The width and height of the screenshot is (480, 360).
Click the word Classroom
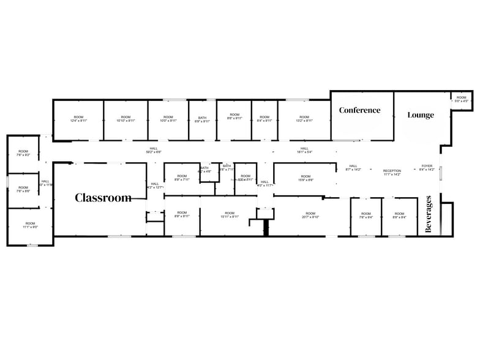click(x=103, y=198)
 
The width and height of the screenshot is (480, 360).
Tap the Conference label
click(x=359, y=110)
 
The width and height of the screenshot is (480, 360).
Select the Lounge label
click(x=421, y=115)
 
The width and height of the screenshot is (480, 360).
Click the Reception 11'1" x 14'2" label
click(x=392, y=173)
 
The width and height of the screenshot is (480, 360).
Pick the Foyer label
click(x=427, y=168)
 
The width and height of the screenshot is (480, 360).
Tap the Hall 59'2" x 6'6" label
click(x=154, y=149)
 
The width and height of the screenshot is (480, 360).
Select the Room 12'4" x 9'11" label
click(x=78, y=119)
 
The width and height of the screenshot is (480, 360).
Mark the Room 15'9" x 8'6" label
click(x=306, y=178)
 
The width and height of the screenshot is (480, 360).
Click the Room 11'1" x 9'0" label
click(x=30, y=225)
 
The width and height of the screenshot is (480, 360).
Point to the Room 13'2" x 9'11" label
click(x=304, y=119)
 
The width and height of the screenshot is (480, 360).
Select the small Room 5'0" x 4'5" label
click(x=461, y=99)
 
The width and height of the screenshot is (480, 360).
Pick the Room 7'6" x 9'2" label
click(x=23, y=153)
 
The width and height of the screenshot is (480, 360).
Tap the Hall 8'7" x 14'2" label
click(x=353, y=168)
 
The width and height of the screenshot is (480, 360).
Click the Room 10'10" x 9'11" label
click(x=126, y=119)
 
